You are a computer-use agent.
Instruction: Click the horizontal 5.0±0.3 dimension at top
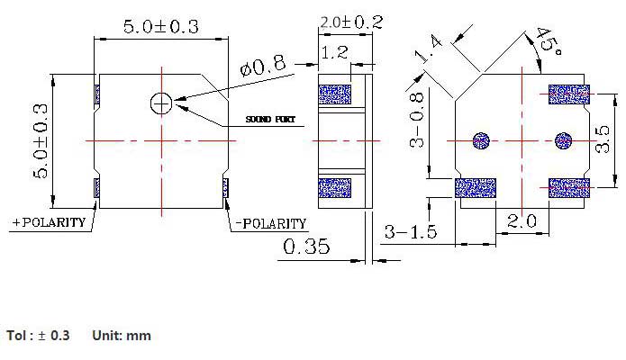coord(160,27)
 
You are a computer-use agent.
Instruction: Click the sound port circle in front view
coord(161,103)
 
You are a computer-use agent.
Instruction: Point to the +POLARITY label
coord(49,222)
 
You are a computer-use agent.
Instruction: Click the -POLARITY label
coord(268,223)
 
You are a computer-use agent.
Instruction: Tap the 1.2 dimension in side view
coord(334,54)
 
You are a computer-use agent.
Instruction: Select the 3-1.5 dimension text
coord(410,232)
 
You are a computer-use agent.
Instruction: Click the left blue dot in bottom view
coord(480,140)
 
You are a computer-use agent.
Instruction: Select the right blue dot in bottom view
coord(564,140)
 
